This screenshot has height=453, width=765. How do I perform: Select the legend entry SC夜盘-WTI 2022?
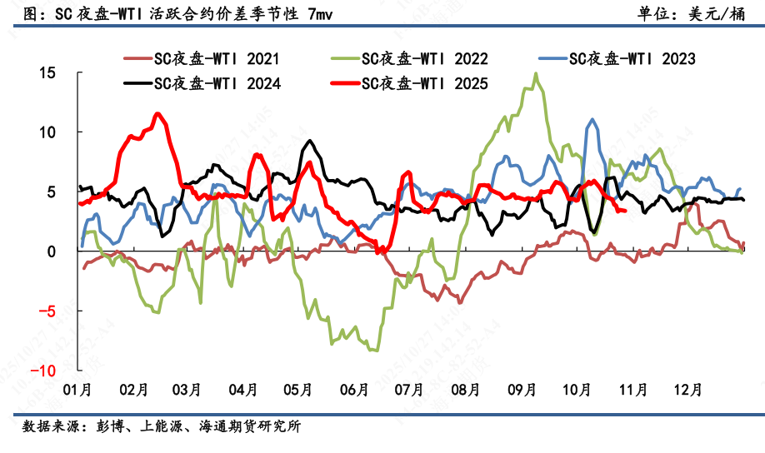tap(424, 58)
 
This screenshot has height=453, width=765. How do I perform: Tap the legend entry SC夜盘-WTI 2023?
tap(632, 58)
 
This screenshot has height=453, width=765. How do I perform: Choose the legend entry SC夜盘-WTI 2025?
tap(424, 83)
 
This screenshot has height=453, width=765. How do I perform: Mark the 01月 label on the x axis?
tap(77, 389)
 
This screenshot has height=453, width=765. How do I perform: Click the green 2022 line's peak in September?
tap(535, 74)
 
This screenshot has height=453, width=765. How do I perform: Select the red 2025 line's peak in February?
tap(157, 114)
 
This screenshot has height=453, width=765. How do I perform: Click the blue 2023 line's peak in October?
tap(592, 120)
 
